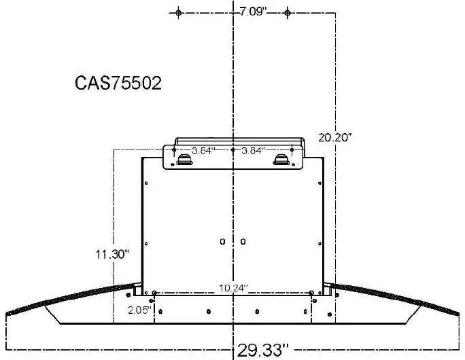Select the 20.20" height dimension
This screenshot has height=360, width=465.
point(335,137)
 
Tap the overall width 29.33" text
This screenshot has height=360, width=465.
point(263,350)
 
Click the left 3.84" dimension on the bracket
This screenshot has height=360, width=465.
point(203,150)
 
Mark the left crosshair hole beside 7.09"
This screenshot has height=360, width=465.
point(179,13)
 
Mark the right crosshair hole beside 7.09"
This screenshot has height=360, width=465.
point(288,13)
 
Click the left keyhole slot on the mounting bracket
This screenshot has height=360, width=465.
point(184,160)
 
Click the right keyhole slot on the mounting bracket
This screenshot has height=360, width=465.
point(281,160)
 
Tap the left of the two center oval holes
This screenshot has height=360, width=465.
point(223,241)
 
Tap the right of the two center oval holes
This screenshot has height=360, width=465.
point(243,241)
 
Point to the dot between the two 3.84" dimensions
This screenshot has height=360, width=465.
point(233,149)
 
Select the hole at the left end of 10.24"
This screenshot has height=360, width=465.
point(155,293)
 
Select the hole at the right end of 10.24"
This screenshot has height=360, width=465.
point(311,293)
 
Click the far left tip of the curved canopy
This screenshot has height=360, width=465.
point(6,315)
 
